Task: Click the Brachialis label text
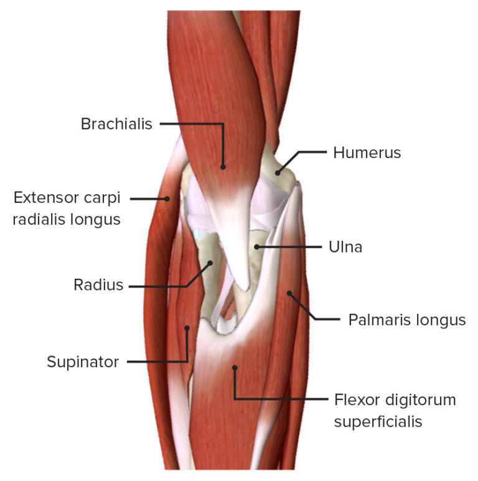(116, 124)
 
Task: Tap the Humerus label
(367, 152)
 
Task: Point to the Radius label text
(98, 286)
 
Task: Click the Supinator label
(83, 362)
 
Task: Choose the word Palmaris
(377, 320)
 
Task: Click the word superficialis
(378, 421)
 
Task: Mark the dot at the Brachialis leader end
(223, 166)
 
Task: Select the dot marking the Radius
(210, 263)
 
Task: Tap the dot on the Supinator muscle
(186, 327)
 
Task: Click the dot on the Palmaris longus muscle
(289, 292)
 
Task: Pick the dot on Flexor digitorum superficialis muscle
(235, 368)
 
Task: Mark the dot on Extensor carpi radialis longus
(167, 198)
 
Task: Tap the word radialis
(40, 219)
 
